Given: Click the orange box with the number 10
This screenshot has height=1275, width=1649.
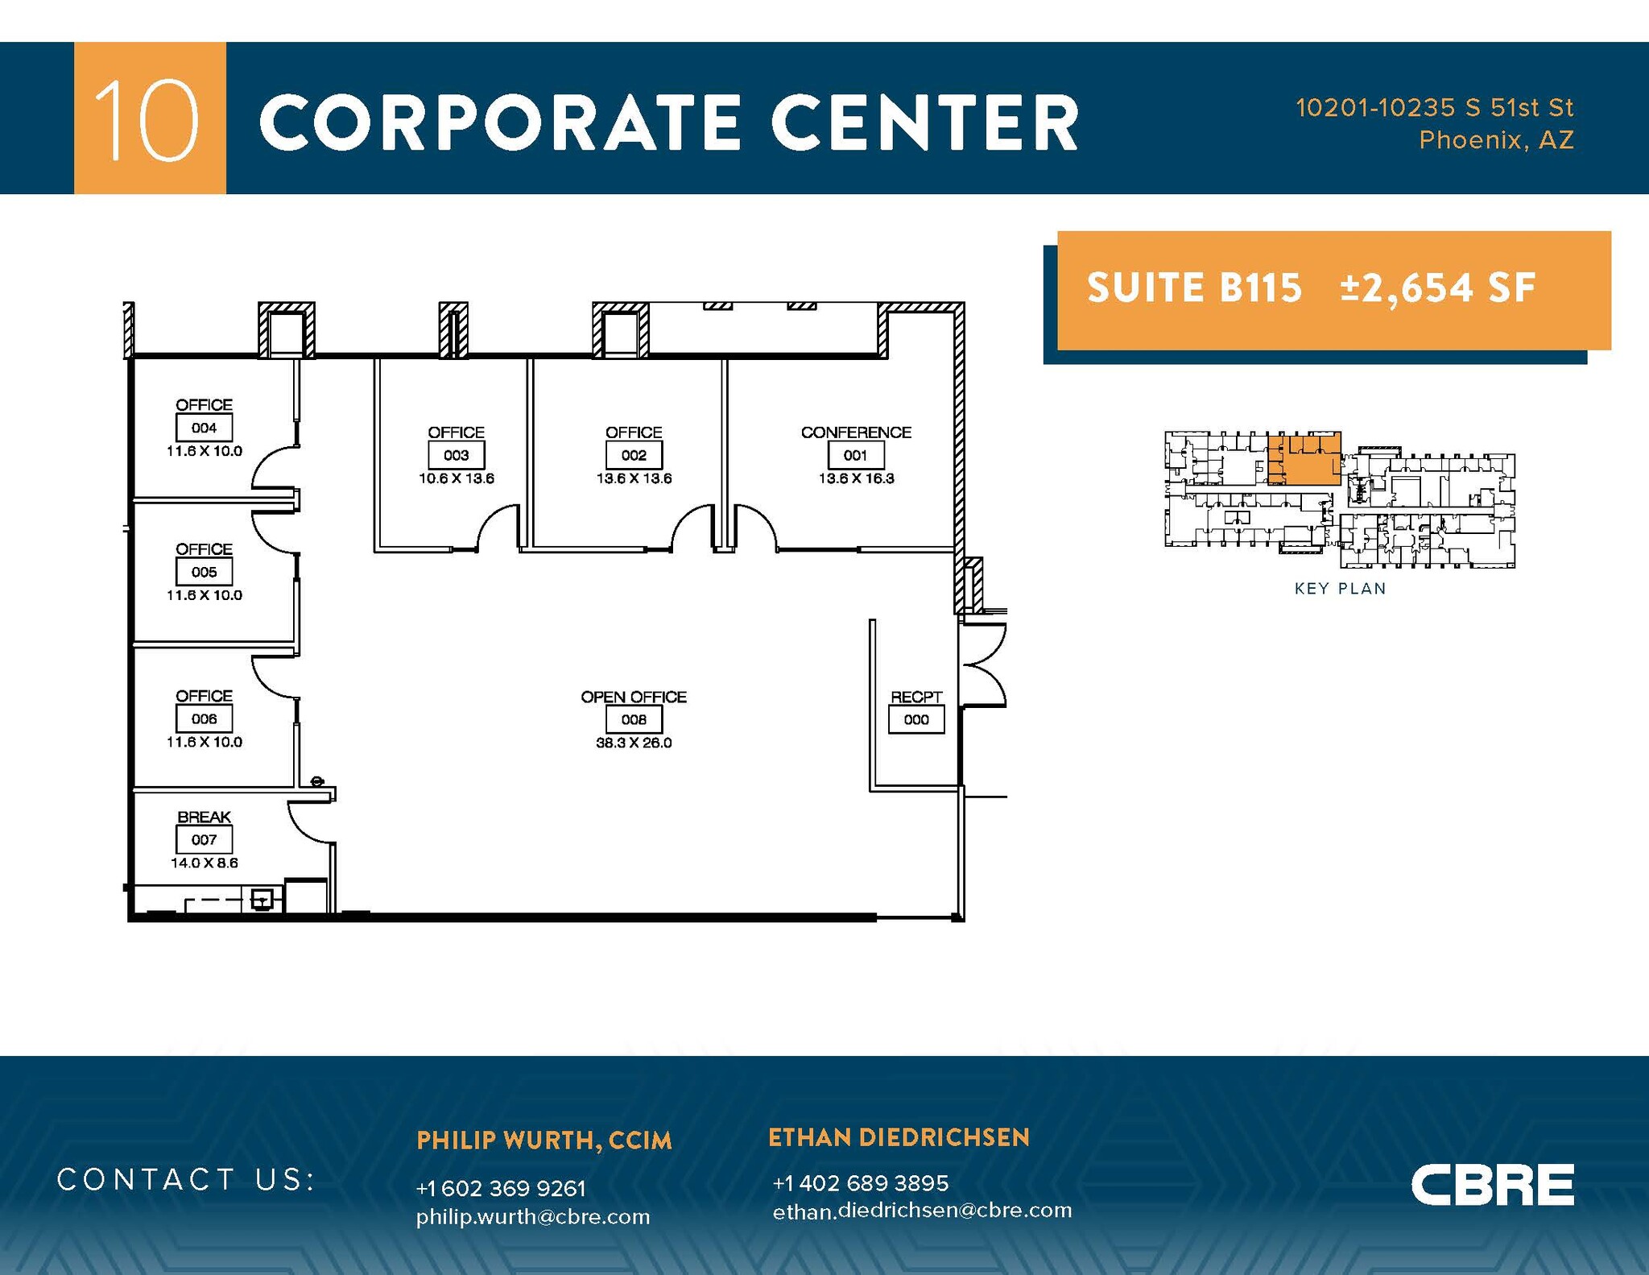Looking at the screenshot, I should tap(150, 118).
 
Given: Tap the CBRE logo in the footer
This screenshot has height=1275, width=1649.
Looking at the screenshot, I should tap(1492, 1185).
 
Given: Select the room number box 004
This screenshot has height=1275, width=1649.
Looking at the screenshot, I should tap(204, 428).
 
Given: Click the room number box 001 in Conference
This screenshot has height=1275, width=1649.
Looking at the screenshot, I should tap(855, 456).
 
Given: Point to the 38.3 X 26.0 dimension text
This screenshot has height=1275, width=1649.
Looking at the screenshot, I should tap(634, 743).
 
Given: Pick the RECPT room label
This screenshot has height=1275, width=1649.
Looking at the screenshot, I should tap(916, 697).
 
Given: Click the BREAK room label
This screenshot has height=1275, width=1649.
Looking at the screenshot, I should tap(204, 817).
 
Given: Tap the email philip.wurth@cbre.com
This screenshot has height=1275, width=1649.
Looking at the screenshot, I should tap(533, 1216).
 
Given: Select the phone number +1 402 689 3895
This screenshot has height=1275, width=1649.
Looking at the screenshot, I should tap(860, 1182).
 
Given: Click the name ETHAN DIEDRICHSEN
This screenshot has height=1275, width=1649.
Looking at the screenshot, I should tap(899, 1137).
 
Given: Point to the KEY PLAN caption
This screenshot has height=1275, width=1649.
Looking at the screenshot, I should tap(1340, 589).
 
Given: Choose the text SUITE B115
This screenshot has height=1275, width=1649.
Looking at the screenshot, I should tap(1194, 288).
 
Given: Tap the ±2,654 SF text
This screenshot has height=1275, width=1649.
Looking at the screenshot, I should tap(1438, 288).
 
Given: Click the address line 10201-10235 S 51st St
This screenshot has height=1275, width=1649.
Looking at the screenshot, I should tap(1434, 107).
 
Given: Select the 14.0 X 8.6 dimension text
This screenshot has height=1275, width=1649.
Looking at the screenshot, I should tap(204, 863).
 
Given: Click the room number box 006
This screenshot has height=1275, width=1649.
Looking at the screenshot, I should tap(204, 719).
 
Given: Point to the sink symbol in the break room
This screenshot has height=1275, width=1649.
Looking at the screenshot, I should tap(262, 899).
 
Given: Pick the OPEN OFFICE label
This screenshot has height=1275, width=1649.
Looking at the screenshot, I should tap(634, 697).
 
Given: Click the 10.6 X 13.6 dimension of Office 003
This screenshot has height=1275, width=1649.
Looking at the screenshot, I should tap(456, 478).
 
